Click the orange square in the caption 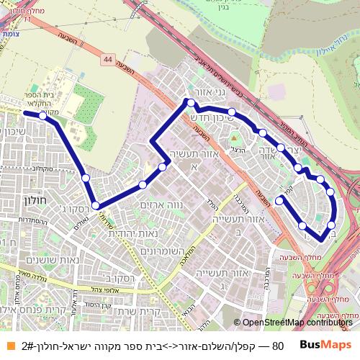(x=6, y=346)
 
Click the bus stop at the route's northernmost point (x=191, y=103)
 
